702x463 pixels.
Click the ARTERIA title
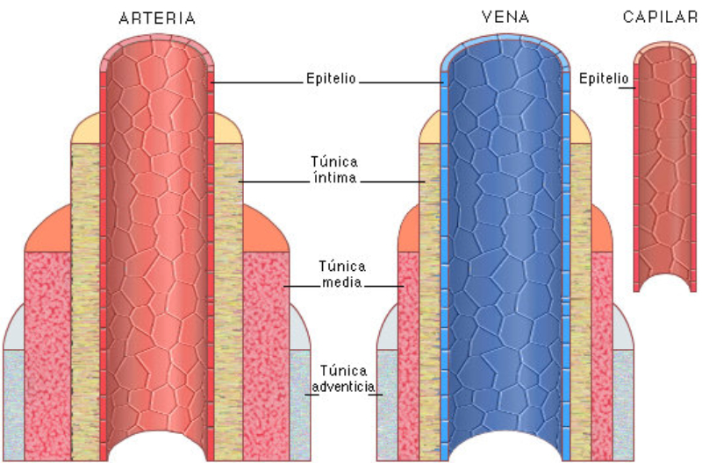point(158,18)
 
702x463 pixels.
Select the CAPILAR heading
point(660,17)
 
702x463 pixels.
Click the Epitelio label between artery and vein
point(331,78)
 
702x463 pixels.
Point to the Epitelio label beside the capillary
point(603,78)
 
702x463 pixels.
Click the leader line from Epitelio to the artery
point(260,82)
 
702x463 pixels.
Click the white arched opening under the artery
point(158,447)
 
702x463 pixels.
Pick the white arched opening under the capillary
point(664,282)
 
